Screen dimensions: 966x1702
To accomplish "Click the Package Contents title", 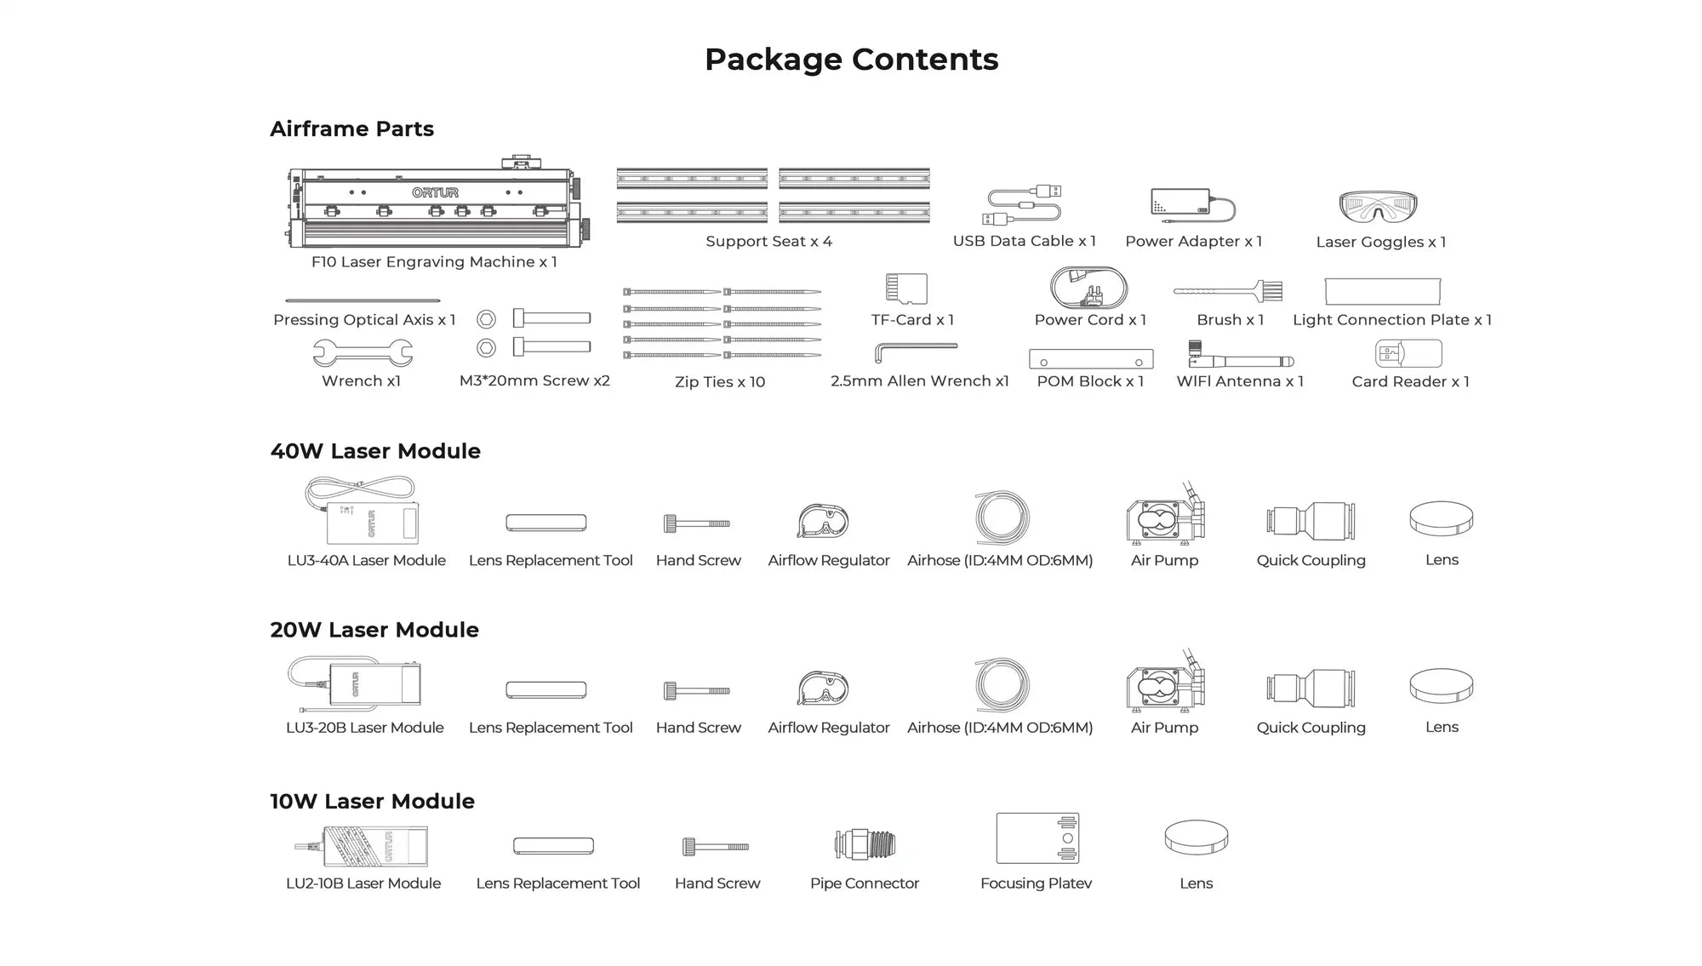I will point(851,60).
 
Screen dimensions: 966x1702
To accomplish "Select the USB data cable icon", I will point(1024,205).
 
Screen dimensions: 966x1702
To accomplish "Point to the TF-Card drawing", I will point(906,289).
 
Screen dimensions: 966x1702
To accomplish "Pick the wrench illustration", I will point(363,352).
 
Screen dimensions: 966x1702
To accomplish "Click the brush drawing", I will point(1228,292).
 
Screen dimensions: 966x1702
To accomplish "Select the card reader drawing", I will point(1408,353).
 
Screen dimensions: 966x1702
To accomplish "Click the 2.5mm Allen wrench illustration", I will point(916,350).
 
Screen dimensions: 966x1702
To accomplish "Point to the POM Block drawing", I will point(1091,359).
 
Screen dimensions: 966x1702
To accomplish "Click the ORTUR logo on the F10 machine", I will point(435,192).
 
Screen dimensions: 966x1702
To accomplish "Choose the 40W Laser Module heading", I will point(375,451).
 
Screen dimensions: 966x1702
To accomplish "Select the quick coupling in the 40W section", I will point(1311,521).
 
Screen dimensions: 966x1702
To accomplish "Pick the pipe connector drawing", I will point(865,844).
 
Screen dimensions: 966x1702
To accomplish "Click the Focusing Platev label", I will point(1036,883).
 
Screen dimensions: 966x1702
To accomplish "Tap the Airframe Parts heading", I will point(351,129).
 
